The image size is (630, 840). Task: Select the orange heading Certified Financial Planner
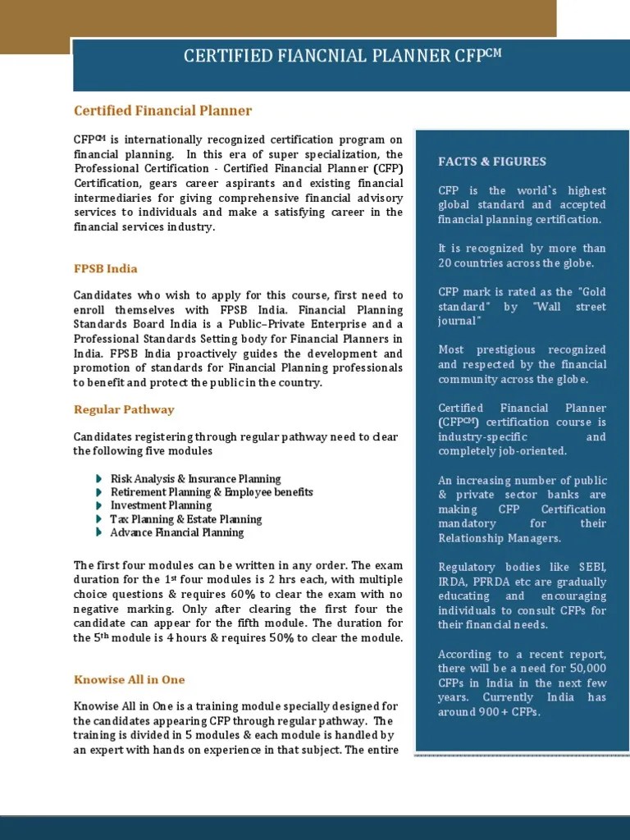pyautogui.click(x=162, y=111)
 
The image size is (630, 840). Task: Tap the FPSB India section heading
pyautogui.click(x=106, y=269)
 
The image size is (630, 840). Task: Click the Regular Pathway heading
pyautogui.click(x=124, y=409)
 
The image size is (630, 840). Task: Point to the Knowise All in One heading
pyautogui.click(x=130, y=679)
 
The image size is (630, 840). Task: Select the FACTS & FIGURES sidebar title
pyautogui.click(x=492, y=162)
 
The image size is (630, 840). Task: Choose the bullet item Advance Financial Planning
pyautogui.click(x=177, y=532)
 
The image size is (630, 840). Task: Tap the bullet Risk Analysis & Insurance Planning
pyautogui.click(x=195, y=479)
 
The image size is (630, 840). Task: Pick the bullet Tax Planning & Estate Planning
pyautogui.click(x=186, y=519)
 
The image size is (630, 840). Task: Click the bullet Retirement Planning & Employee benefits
pyautogui.click(x=212, y=492)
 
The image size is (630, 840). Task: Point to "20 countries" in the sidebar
pyautogui.click(x=469, y=262)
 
